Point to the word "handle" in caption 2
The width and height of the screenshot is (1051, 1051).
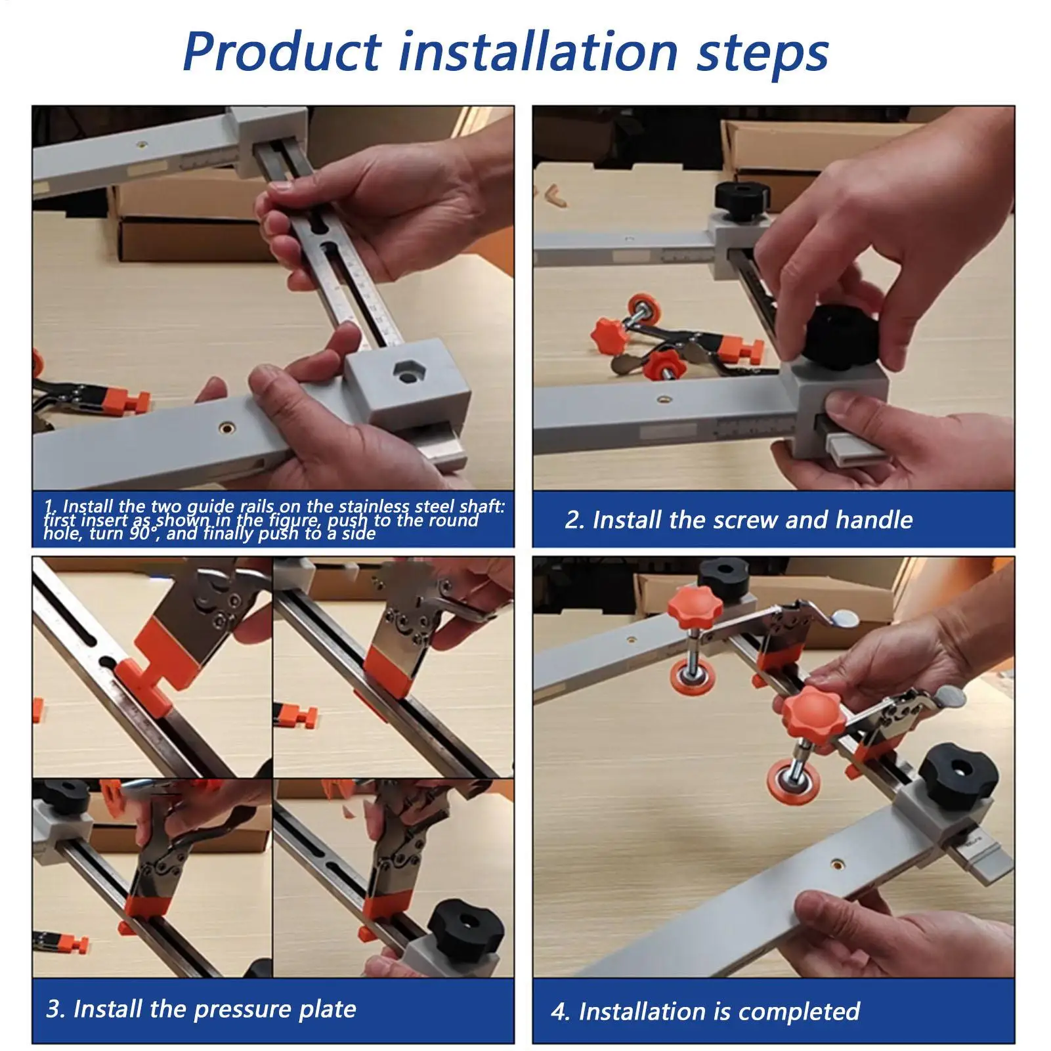click(874, 520)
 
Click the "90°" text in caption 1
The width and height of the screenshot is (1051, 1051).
click(142, 533)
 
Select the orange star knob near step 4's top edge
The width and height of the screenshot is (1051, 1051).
click(695, 605)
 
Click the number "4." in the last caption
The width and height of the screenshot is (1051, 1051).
click(560, 1012)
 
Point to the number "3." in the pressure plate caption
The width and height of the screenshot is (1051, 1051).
click(56, 1008)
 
